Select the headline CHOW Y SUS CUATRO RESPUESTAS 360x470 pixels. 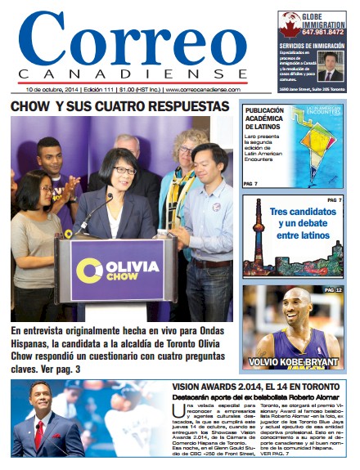click(119, 107)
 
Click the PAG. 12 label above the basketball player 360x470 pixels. click(334, 290)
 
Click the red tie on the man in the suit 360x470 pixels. click(40, 433)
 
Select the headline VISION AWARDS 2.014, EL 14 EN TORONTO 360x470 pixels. click(255, 386)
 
